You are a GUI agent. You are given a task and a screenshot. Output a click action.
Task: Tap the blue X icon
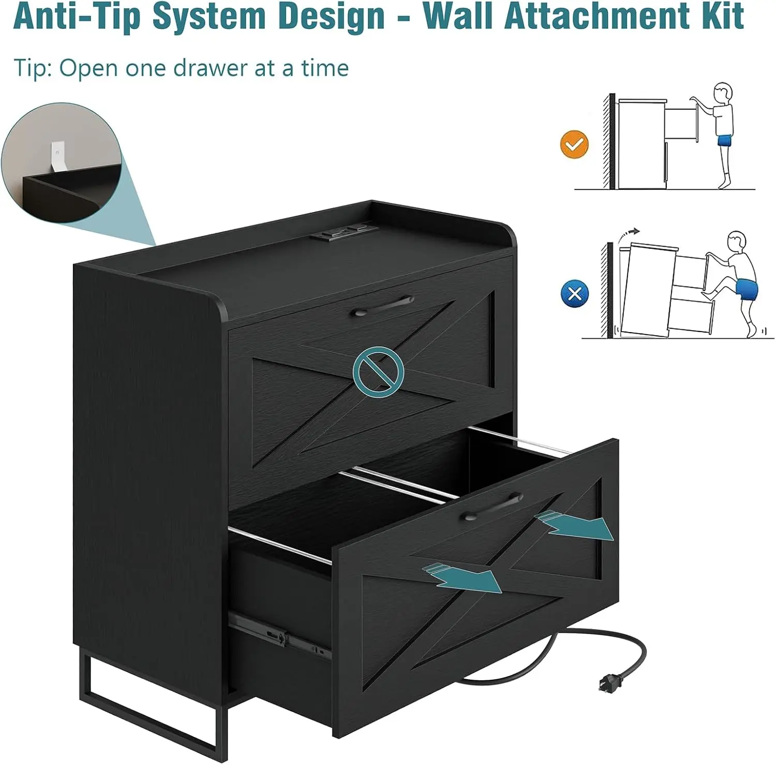coord(575,293)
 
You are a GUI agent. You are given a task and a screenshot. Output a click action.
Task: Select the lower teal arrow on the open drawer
coord(462,576)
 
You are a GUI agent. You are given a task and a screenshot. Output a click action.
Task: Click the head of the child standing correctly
coord(723,93)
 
